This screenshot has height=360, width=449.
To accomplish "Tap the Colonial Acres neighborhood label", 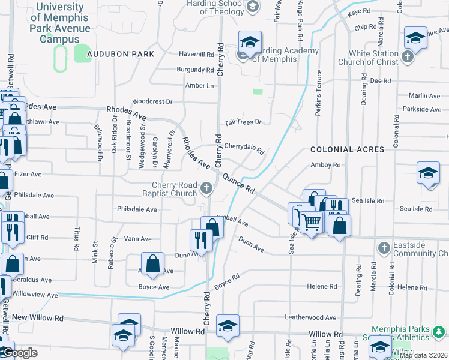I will [x=340, y=149].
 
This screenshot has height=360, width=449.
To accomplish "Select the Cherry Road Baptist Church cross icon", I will [x=206, y=189].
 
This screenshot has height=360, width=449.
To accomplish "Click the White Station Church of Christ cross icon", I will [x=408, y=58].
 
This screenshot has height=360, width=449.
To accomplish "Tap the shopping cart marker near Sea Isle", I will [x=311, y=222].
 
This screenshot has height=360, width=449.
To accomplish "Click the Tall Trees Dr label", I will [x=243, y=122].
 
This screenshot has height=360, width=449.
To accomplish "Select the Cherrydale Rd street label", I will [x=244, y=148].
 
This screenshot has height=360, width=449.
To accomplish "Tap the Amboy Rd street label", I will [x=325, y=165].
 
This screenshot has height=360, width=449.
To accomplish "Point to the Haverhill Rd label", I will [x=196, y=54].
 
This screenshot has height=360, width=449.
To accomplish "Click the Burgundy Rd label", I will [x=195, y=70].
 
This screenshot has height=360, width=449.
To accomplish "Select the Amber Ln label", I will [x=199, y=86].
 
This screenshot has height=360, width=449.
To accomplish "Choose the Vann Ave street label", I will [x=137, y=238].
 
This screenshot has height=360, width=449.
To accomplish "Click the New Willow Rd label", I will [x=37, y=317].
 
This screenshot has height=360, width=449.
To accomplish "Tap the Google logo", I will [x=20, y=353].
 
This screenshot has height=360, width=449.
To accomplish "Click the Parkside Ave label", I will [x=423, y=109].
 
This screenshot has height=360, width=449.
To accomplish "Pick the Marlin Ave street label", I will [x=424, y=95].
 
